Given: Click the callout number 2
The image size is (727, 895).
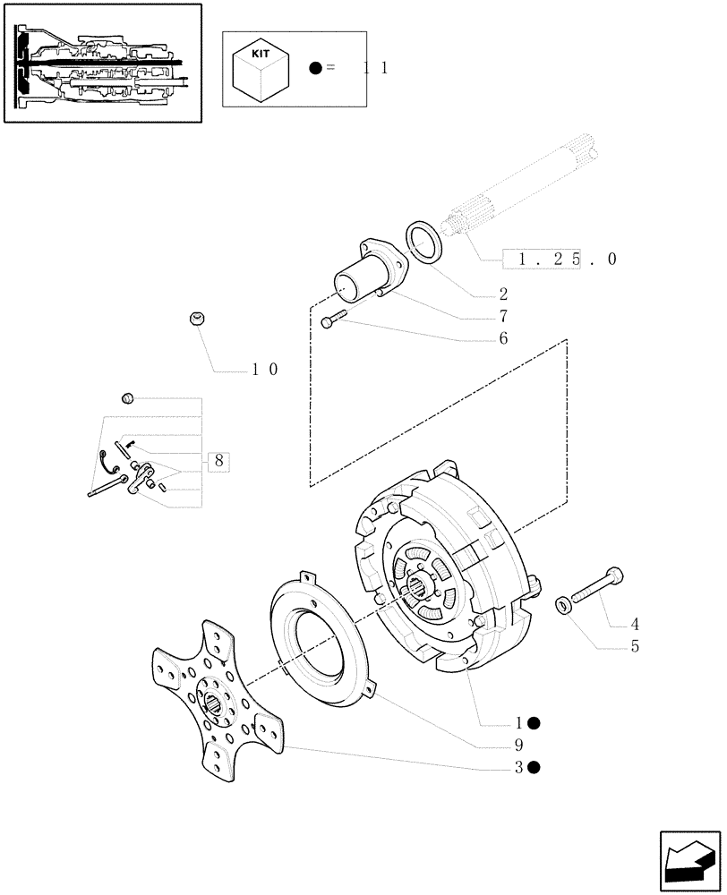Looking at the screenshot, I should coord(503,294).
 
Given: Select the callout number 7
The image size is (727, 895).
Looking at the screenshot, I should coord(503,316).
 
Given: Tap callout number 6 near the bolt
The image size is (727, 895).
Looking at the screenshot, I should coord(503,338).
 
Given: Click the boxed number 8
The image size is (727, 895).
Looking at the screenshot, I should coord(218,462).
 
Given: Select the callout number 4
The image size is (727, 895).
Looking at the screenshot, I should coord(634,624).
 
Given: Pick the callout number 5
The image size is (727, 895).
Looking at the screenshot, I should coord(634,646).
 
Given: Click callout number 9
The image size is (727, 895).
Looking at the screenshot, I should coord(518,745).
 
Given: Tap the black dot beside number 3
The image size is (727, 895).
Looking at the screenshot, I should coord(534,767).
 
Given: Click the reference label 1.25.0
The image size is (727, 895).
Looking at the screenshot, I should coord(560,260).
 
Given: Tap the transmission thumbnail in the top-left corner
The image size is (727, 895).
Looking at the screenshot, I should coord(101,63).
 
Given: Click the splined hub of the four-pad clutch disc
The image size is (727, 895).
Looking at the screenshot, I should coord(218,703).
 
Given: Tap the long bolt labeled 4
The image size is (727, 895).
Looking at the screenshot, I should coord(594,587).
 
